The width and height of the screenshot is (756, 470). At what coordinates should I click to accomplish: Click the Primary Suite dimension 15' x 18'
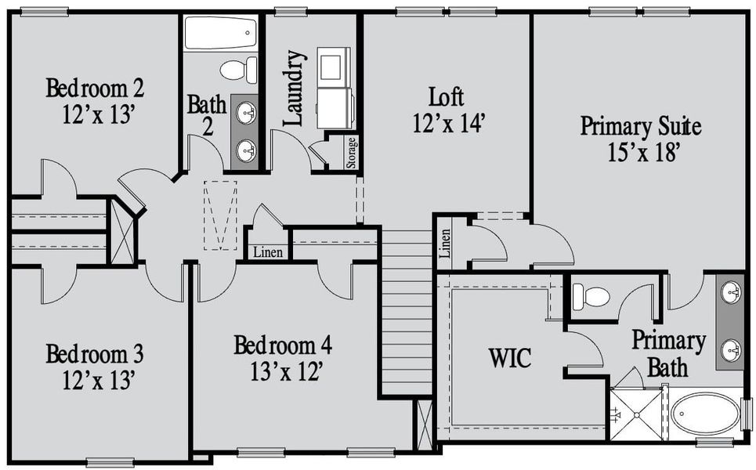[x=641, y=152]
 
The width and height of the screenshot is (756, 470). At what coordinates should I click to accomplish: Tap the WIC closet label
[x=509, y=359]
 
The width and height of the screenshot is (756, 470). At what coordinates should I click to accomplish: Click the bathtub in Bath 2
[x=220, y=34]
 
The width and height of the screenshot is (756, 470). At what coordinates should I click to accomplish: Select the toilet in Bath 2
[x=239, y=70]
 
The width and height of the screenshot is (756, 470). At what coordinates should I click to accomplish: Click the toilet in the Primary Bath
[x=591, y=297]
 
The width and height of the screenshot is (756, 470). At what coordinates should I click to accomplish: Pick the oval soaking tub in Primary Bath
[x=704, y=412]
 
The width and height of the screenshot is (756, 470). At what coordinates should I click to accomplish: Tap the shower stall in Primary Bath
[x=635, y=413]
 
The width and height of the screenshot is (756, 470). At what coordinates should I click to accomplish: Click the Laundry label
[x=293, y=89]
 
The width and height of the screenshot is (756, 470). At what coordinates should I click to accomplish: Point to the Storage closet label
[x=352, y=153]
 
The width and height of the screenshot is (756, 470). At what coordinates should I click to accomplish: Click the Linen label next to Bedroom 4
[x=267, y=253]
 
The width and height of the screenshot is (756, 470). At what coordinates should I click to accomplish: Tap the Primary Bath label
[x=668, y=353]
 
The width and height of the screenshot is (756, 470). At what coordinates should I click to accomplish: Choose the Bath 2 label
[x=207, y=114]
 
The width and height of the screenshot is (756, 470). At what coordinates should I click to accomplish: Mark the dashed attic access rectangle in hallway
[x=220, y=215]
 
